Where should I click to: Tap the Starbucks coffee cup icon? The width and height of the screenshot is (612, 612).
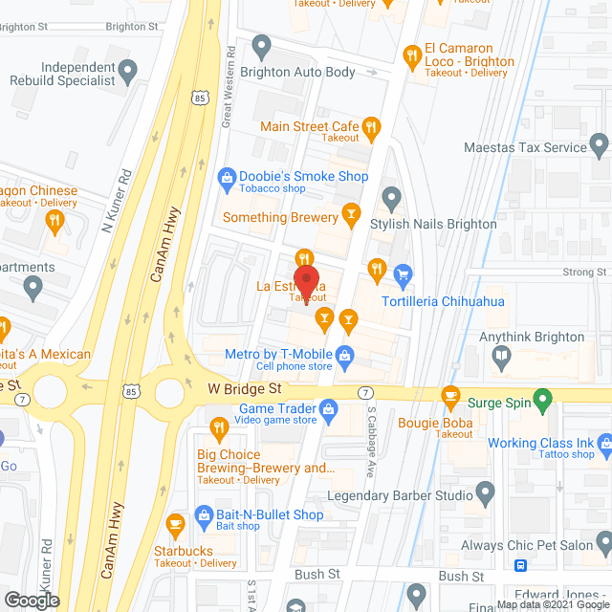[174, 524]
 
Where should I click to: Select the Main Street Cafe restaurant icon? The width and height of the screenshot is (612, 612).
[372, 127]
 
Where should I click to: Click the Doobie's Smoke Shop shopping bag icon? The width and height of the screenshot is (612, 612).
[227, 176]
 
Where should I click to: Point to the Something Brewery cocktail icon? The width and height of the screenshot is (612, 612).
[351, 212]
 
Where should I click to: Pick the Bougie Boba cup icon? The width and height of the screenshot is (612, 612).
[450, 395]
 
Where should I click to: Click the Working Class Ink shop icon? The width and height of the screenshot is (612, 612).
[603, 444]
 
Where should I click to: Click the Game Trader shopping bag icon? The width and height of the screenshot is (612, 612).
[328, 410]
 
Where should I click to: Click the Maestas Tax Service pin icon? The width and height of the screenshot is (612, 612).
[600, 146]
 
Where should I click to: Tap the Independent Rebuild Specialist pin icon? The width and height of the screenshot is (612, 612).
[126, 70]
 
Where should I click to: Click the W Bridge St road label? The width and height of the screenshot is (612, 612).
[246, 389]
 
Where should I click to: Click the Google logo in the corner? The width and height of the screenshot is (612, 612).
[31, 601]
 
